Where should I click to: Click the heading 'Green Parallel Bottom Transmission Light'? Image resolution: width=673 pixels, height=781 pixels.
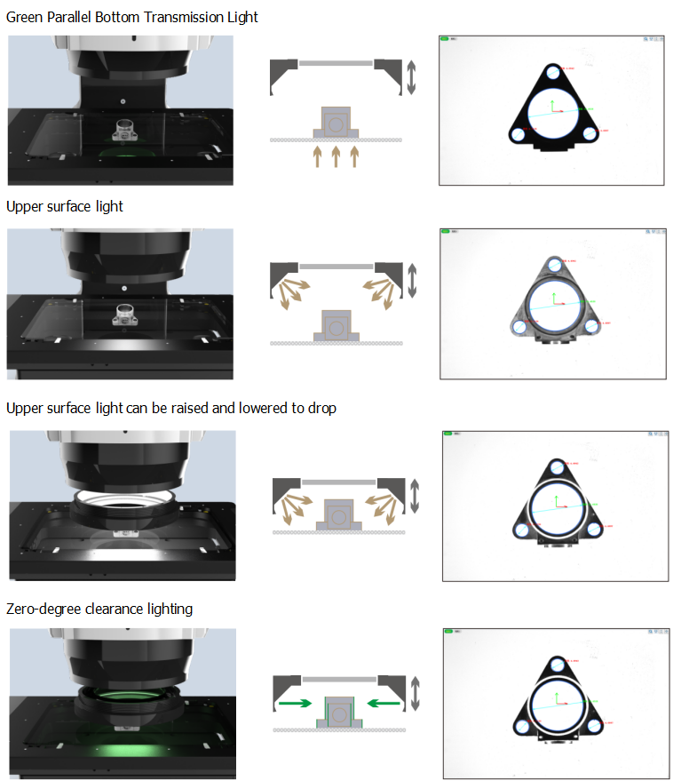(132, 18)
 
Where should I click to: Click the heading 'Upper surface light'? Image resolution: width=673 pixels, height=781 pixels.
(65, 207)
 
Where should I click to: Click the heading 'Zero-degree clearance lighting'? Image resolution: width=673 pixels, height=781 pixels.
(99, 610)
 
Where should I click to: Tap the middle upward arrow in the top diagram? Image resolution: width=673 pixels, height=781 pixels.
(336, 157)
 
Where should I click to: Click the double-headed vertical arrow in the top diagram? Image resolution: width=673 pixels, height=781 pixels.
(410, 78)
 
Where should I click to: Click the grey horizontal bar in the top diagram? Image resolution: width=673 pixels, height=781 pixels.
(336, 63)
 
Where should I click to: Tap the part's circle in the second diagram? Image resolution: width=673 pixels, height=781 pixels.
(336, 328)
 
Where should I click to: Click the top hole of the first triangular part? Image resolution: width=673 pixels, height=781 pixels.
(552, 74)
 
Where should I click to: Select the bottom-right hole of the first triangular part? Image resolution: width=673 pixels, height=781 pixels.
(589, 133)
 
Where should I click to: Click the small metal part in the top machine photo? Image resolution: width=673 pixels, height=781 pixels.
(123, 131)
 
